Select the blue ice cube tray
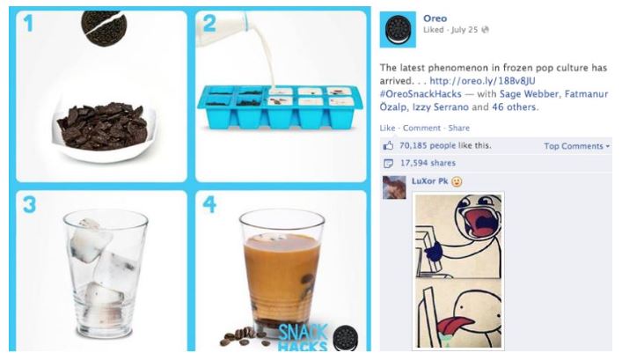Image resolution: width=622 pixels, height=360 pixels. pyautogui.click(x=280, y=107)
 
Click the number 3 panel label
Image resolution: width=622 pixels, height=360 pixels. pyautogui.click(x=29, y=205)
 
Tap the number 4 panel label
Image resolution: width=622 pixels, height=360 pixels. pyautogui.click(x=209, y=204)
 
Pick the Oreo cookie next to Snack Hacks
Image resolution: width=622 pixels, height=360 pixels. pyautogui.click(x=346, y=338)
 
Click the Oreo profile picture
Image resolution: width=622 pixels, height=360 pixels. pyautogui.click(x=398, y=29)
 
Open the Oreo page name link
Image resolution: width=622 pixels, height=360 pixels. pyautogui.click(x=435, y=18)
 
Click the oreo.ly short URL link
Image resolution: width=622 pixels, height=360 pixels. pyautogui.click(x=482, y=81)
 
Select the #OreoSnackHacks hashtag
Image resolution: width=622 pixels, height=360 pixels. pyautogui.click(x=421, y=94)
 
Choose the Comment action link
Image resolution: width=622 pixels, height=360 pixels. pyautogui.click(x=421, y=128)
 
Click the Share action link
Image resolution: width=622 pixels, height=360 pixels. pyautogui.click(x=459, y=128)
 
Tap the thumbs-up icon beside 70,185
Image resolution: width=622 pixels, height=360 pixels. pyautogui.click(x=388, y=145)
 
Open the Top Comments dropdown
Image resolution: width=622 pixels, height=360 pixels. pyautogui.click(x=577, y=146)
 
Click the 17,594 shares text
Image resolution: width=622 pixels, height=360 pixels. pyautogui.click(x=428, y=163)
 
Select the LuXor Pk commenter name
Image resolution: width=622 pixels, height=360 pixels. pyautogui.click(x=429, y=181)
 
